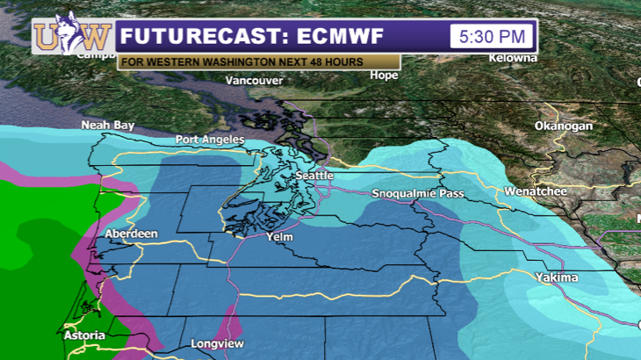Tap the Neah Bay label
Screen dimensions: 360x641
pos(108,126)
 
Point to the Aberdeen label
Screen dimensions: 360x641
pos(131,234)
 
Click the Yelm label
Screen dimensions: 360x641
pos(280,236)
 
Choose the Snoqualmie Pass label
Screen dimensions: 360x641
pos(417,193)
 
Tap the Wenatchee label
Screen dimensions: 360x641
pos(536,191)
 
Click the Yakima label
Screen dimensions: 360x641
pos(557,277)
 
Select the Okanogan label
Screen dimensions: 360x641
pos(564,126)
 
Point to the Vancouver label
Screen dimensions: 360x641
pos(254,81)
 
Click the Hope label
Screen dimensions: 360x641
pos(384,76)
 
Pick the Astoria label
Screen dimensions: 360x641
pos(85,335)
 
